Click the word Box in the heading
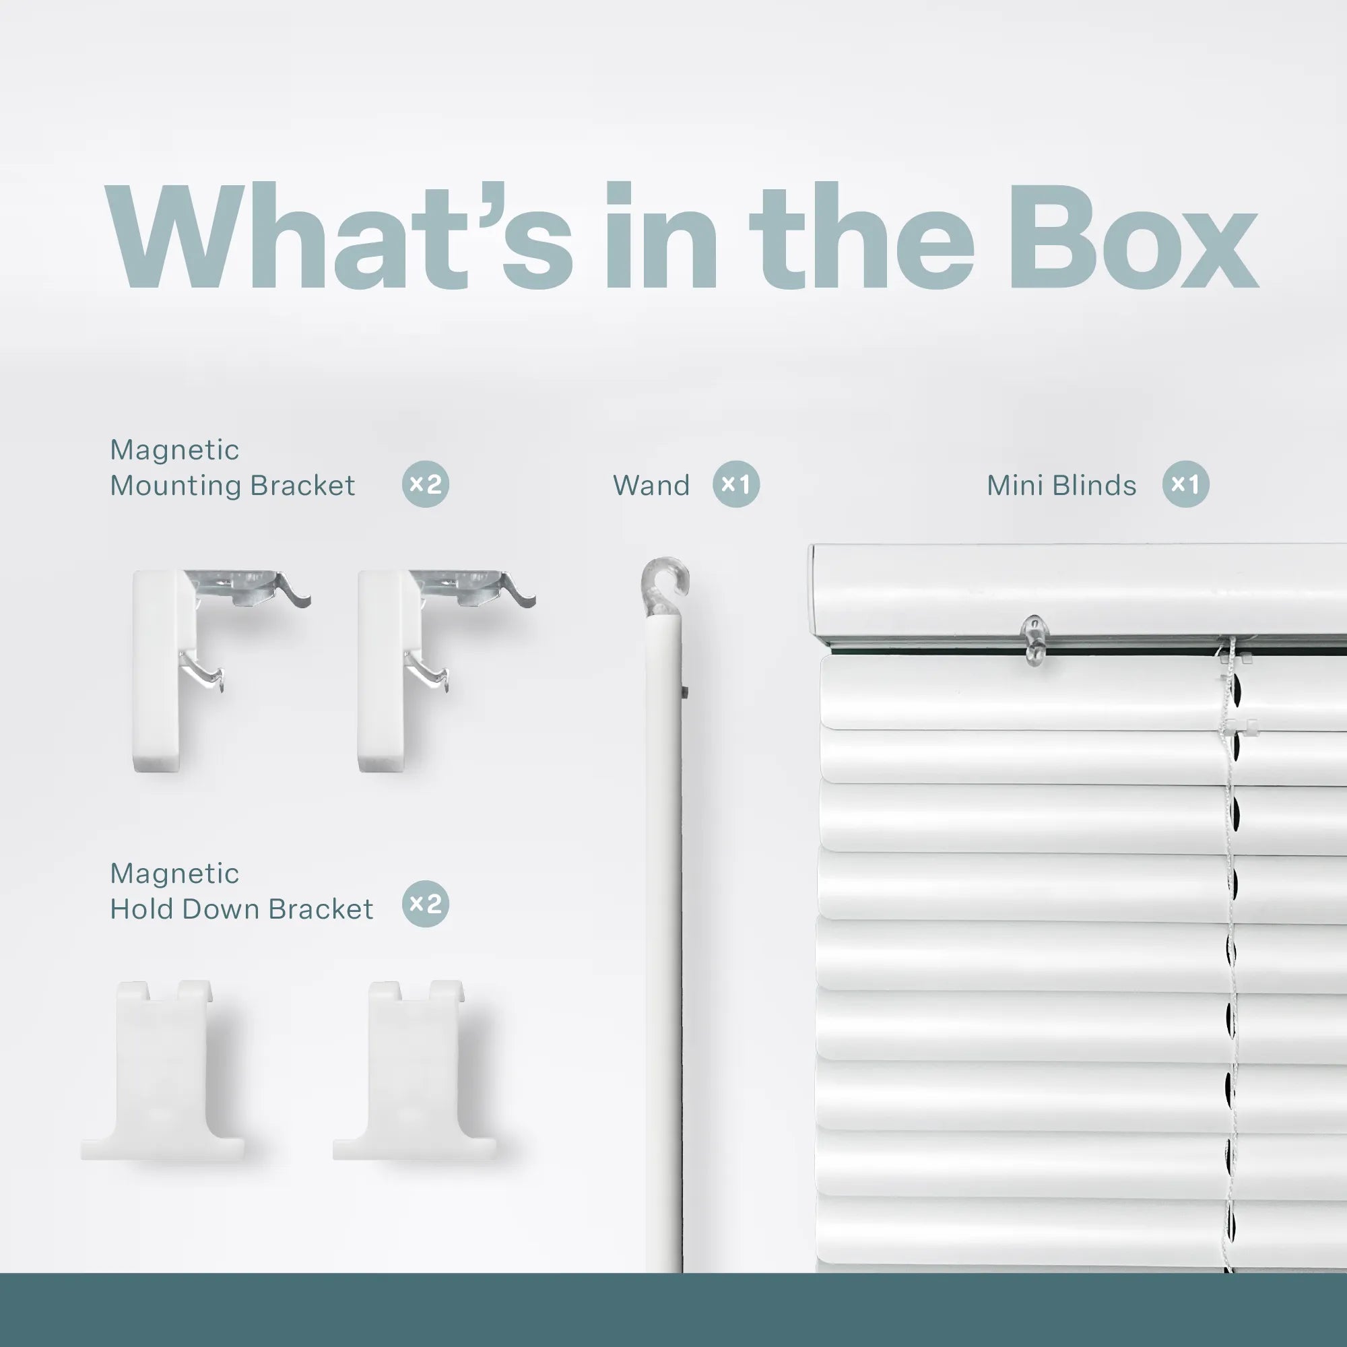pyautogui.click(x=1132, y=237)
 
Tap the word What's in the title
pyautogui.click(x=339, y=237)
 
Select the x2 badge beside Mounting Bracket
pyautogui.click(x=425, y=484)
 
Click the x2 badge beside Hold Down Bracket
pyautogui.click(x=425, y=905)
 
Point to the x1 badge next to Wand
pyautogui.click(x=735, y=484)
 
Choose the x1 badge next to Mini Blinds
pyautogui.click(x=1185, y=484)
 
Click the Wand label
pyautogui.click(x=651, y=485)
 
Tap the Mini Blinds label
pyautogui.click(x=1061, y=485)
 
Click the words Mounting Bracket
pyautogui.click(x=232, y=485)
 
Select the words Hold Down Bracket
pyautogui.click(x=241, y=909)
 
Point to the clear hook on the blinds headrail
pyautogui.click(x=1035, y=638)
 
